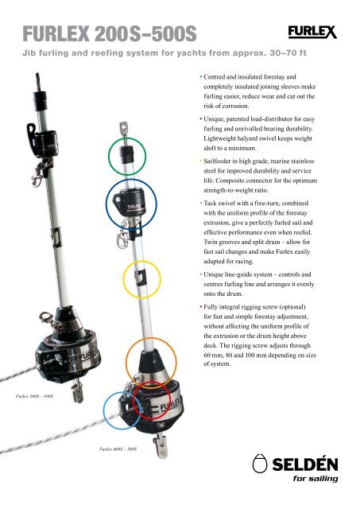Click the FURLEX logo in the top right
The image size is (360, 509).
coord(312,32)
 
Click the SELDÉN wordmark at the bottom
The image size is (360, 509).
coord(305,464)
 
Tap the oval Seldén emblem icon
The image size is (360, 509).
coord(260,464)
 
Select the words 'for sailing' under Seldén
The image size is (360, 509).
coord(315,479)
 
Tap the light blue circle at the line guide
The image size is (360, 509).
coord(103,410)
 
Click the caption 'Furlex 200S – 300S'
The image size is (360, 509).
coord(34,396)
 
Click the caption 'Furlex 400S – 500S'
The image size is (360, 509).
coord(118,449)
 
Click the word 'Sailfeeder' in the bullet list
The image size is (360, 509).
coord(219,161)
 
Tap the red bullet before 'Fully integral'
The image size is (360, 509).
coord(201,307)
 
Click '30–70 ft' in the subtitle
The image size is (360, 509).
coord(288,53)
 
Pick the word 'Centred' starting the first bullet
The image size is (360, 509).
coord(215,77)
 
